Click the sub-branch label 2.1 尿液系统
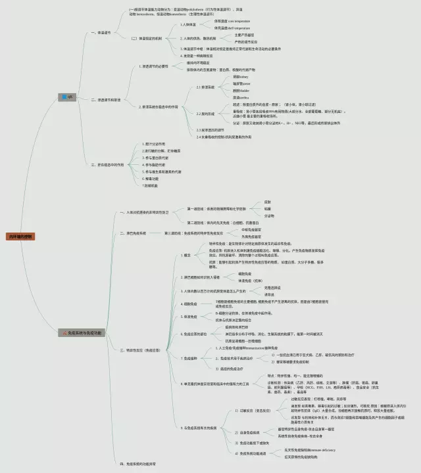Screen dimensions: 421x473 click(x=206, y=87)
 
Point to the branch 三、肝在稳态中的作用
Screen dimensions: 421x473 click(x=107, y=165)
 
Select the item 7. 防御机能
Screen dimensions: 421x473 click(x=151, y=186)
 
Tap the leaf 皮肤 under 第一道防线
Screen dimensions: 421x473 click(x=267, y=201)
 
